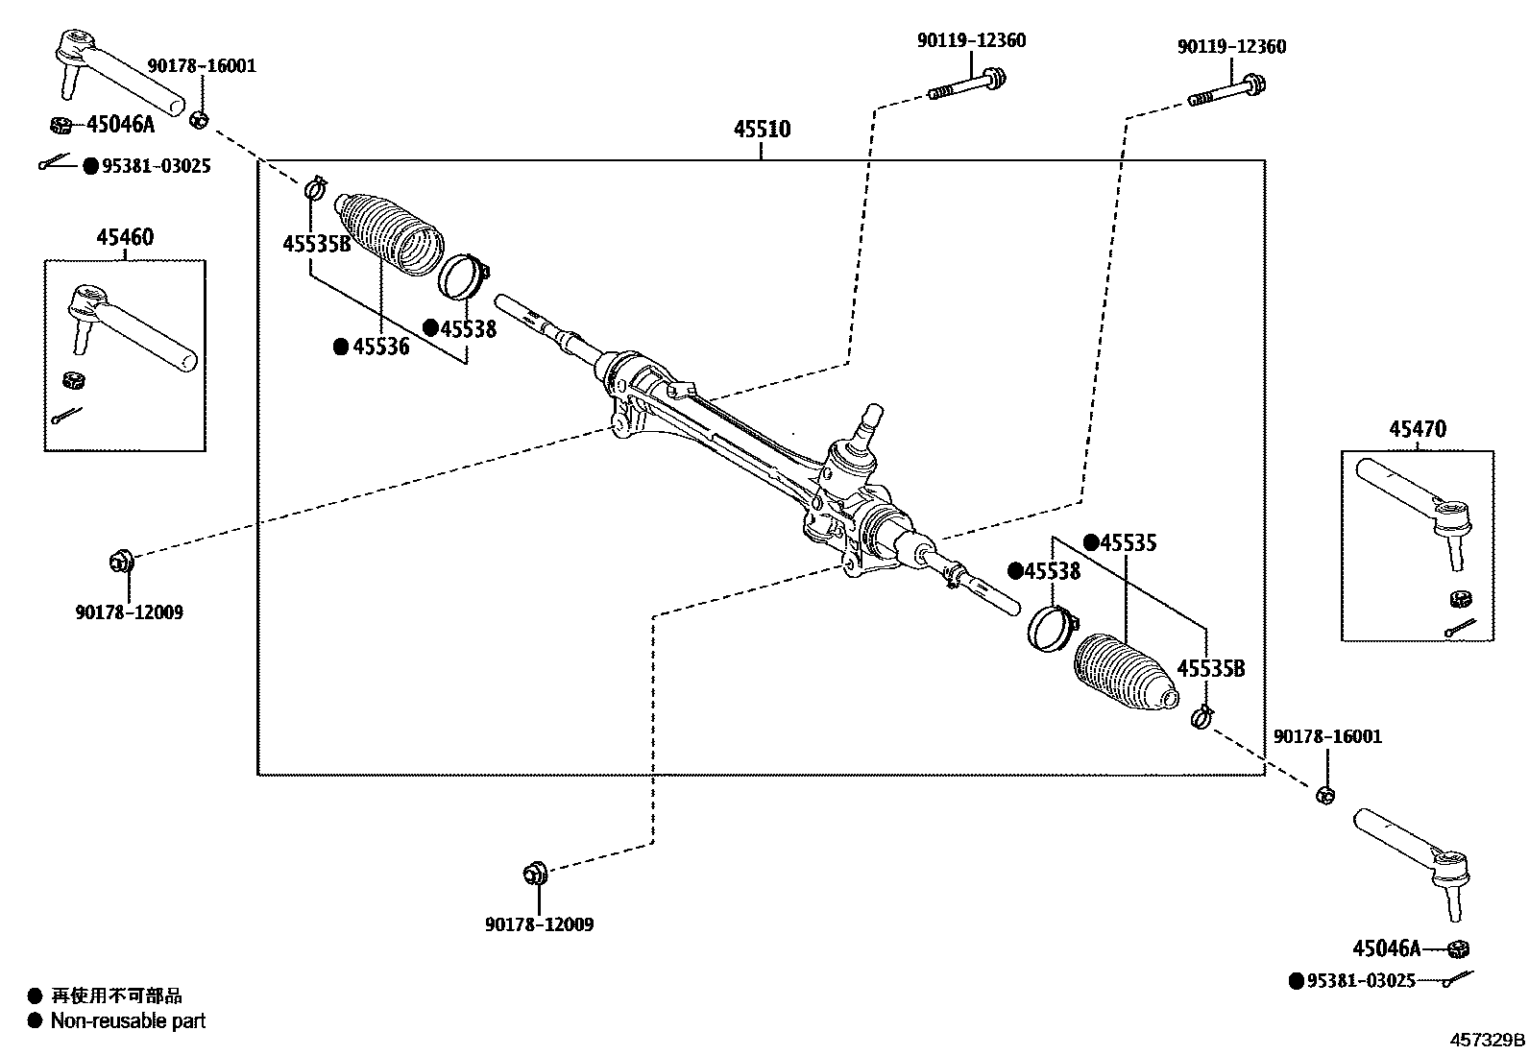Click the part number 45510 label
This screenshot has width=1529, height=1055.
[762, 129]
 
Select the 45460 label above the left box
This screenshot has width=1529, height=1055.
[124, 237]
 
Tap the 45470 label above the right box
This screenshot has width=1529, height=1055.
[1416, 429]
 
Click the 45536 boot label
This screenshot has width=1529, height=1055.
[380, 347]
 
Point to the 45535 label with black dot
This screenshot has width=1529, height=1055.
[1128, 542]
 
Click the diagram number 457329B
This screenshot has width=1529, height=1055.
[1487, 1039]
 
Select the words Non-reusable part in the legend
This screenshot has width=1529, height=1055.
[128, 1021]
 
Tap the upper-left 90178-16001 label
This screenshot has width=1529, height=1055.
[202, 66]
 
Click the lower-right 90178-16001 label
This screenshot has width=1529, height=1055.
[1327, 736]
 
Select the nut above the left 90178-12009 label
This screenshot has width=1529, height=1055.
[122, 560]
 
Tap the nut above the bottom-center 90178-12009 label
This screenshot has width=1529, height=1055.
[534, 875]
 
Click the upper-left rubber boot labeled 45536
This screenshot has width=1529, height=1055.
[389, 234]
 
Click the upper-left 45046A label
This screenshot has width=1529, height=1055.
[120, 124]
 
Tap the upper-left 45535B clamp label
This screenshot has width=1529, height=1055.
[317, 244]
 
